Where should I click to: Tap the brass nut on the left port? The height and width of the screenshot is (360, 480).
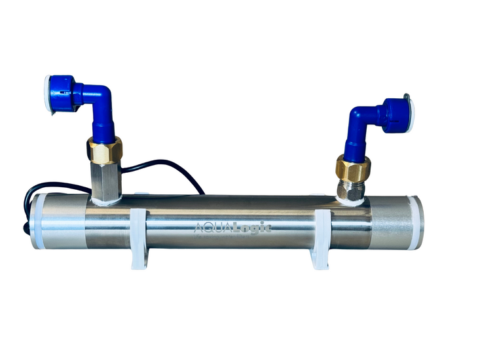click(104, 150)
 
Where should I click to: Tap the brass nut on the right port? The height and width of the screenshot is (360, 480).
click(353, 168)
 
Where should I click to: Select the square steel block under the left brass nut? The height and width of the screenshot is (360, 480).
click(106, 181)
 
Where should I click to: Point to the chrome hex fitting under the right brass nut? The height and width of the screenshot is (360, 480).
click(351, 190)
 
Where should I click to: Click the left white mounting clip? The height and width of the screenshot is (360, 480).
click(139, 238)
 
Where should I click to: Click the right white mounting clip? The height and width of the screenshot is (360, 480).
click(320, 239)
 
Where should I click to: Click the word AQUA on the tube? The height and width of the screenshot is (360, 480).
click(213, 228)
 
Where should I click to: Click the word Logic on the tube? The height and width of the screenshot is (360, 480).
click(252, 228)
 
